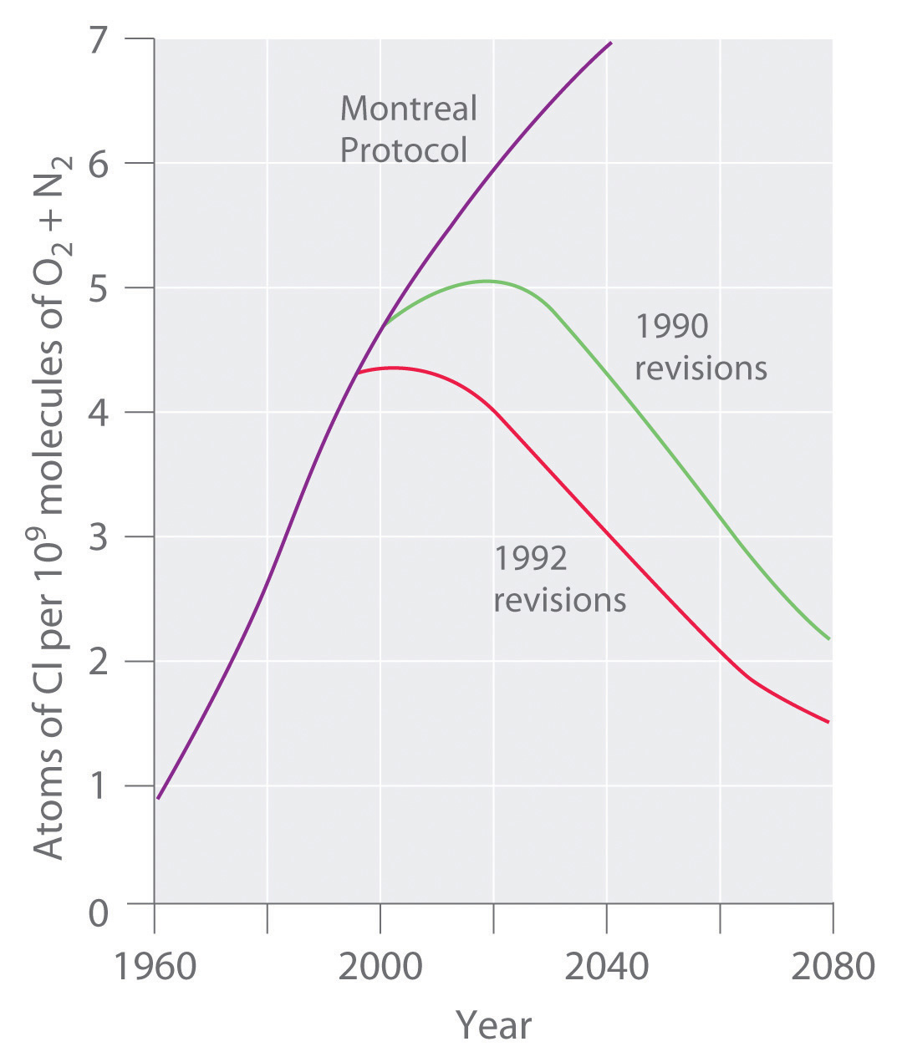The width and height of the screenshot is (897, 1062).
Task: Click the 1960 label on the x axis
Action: [155, 967]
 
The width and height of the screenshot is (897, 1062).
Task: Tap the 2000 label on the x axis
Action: [380, 967]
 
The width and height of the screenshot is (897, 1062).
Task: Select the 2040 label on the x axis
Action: [607, 967]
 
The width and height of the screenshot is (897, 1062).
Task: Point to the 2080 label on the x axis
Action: [833, 967]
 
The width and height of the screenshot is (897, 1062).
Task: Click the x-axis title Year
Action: [493, 1024]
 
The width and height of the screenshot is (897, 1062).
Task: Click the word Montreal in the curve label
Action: [408, 109]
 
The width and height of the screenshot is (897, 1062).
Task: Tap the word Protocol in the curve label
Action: [404, 150]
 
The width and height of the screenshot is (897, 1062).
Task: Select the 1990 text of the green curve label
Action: [671, 326]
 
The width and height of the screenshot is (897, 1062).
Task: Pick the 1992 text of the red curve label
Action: [530, 558]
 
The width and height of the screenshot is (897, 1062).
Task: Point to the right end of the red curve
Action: [828, 722]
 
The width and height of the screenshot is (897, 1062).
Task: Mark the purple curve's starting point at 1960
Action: [157, 799]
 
